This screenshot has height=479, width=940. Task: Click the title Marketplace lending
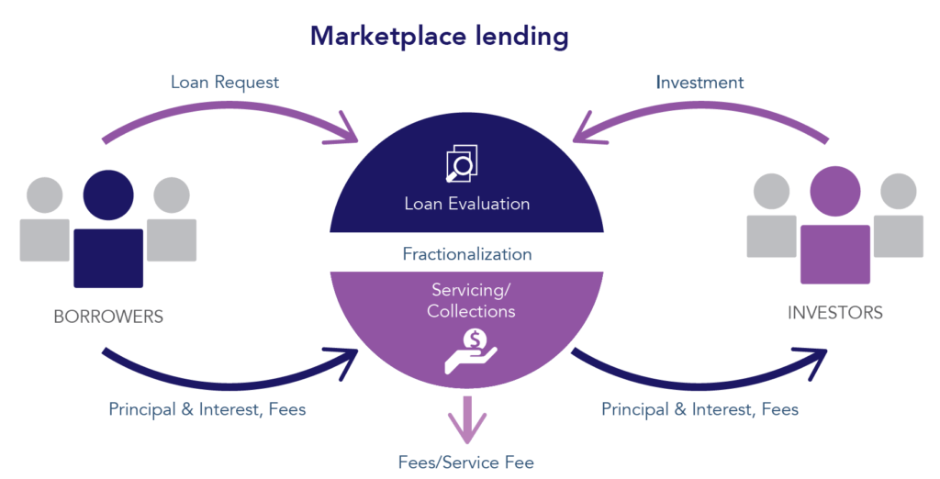coord(439,37)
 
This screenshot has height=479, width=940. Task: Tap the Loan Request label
coord(225,83)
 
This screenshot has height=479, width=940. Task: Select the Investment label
coord(699,83)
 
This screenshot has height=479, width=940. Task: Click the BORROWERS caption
coord(108,317)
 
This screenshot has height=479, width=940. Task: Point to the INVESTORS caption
coord(835,313)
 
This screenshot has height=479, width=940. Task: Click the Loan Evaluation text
coord(466,204)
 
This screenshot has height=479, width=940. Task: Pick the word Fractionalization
coord(466,253)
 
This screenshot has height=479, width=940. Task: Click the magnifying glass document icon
coord(462,163)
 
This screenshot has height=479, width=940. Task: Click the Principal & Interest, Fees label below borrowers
coord(207,409)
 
